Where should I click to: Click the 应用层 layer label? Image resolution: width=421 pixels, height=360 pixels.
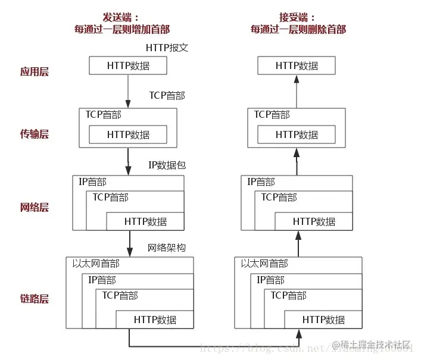tap(34, 72)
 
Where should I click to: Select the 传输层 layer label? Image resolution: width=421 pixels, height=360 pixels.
tap(34, 134)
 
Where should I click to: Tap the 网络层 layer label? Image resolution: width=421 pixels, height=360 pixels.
tap(34, 208)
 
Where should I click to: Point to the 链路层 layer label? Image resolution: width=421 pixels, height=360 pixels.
tap(34, 298)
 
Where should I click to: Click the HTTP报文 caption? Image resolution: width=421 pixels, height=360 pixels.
tap(167, 47)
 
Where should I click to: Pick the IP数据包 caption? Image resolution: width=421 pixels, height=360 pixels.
tap(167, 165)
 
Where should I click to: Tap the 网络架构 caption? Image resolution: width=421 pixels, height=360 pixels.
tap(167, 248)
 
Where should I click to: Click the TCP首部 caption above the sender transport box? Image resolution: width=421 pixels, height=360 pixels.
tap(167, 95)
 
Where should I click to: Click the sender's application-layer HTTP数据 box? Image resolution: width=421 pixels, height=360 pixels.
tap(128, 65)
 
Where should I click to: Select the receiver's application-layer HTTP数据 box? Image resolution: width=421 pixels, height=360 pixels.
tap(297, 65)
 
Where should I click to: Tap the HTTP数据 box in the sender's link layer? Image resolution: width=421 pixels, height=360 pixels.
tap(155, 320)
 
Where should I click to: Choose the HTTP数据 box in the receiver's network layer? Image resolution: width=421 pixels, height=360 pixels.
tap(314, 221)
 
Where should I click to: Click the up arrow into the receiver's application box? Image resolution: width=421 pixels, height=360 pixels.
tap(297, 89)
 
